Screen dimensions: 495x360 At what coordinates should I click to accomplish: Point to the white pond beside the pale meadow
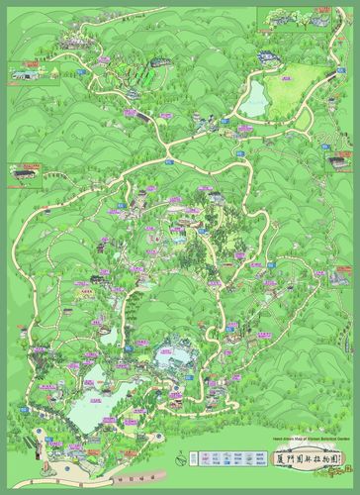[254, 97]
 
